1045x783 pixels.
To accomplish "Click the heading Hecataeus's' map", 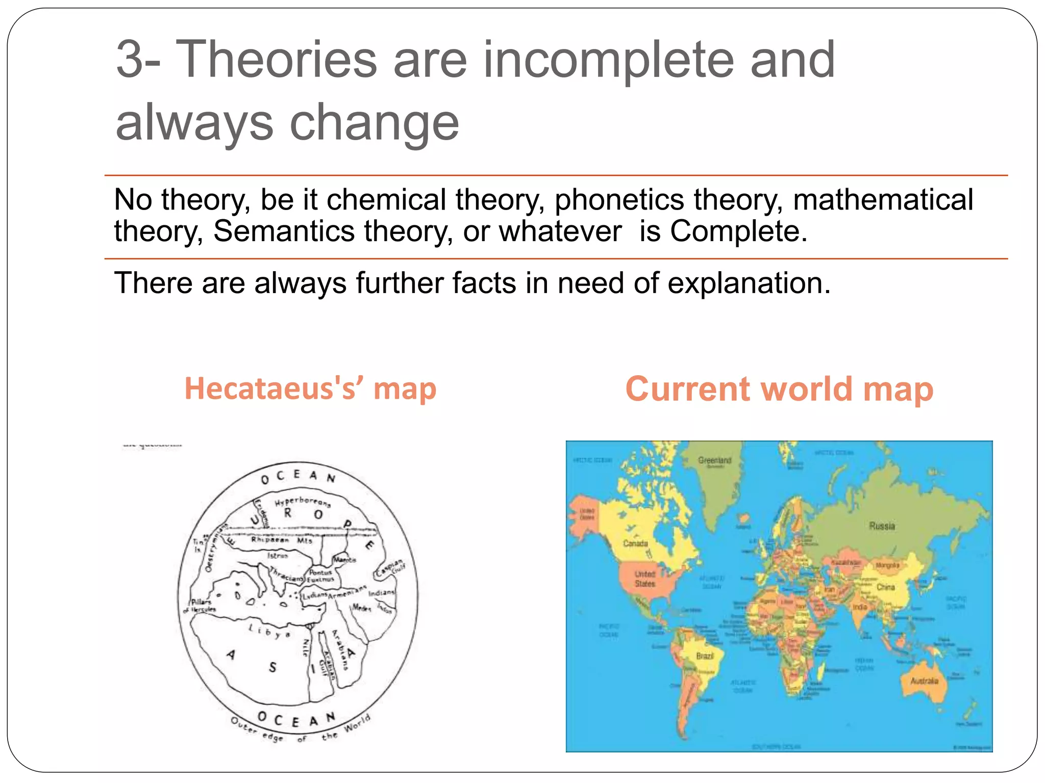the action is (x=310, y=388).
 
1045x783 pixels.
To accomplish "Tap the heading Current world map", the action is (x=779, y=389).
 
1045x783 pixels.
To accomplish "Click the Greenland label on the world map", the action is (x=714, y=460).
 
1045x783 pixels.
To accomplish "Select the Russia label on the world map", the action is (x=882, y=526).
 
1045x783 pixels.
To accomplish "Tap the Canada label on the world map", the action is (x=635, y=543).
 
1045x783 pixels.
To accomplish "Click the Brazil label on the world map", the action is (x=705, y=656).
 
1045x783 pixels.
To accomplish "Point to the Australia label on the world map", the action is (x=924, y=681).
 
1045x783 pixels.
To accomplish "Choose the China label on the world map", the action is (x=885, y=587).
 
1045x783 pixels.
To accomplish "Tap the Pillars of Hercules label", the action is (x=200, y=606).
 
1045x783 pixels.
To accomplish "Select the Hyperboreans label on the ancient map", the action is (x=303, y=501).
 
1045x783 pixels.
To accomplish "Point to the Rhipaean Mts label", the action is (x=281, y=540).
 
